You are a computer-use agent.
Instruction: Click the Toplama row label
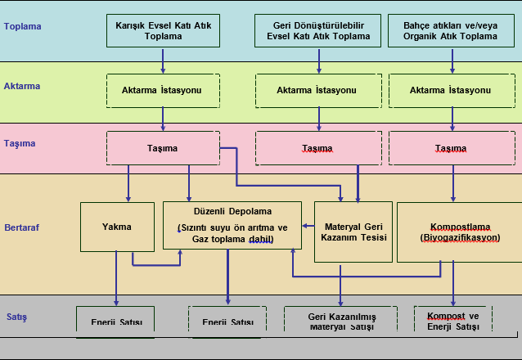(x=22, y=26)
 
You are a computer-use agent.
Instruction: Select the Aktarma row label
(x=22, y=86)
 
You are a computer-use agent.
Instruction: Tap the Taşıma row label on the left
(x=20, y=143)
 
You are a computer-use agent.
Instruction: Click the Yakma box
(x=117, y=226)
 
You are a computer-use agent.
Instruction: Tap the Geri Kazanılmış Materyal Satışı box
(x=340, y=321)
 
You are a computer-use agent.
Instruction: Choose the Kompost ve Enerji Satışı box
(x=452, y=320)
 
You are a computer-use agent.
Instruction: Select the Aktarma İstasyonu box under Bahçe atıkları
(x=450, y=90)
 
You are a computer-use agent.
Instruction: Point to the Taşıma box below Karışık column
(x=163, y=148)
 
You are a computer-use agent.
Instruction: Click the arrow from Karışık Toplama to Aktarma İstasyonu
(x=163, y=61)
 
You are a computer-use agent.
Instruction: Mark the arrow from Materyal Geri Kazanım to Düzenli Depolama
(x=308, y=225)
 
